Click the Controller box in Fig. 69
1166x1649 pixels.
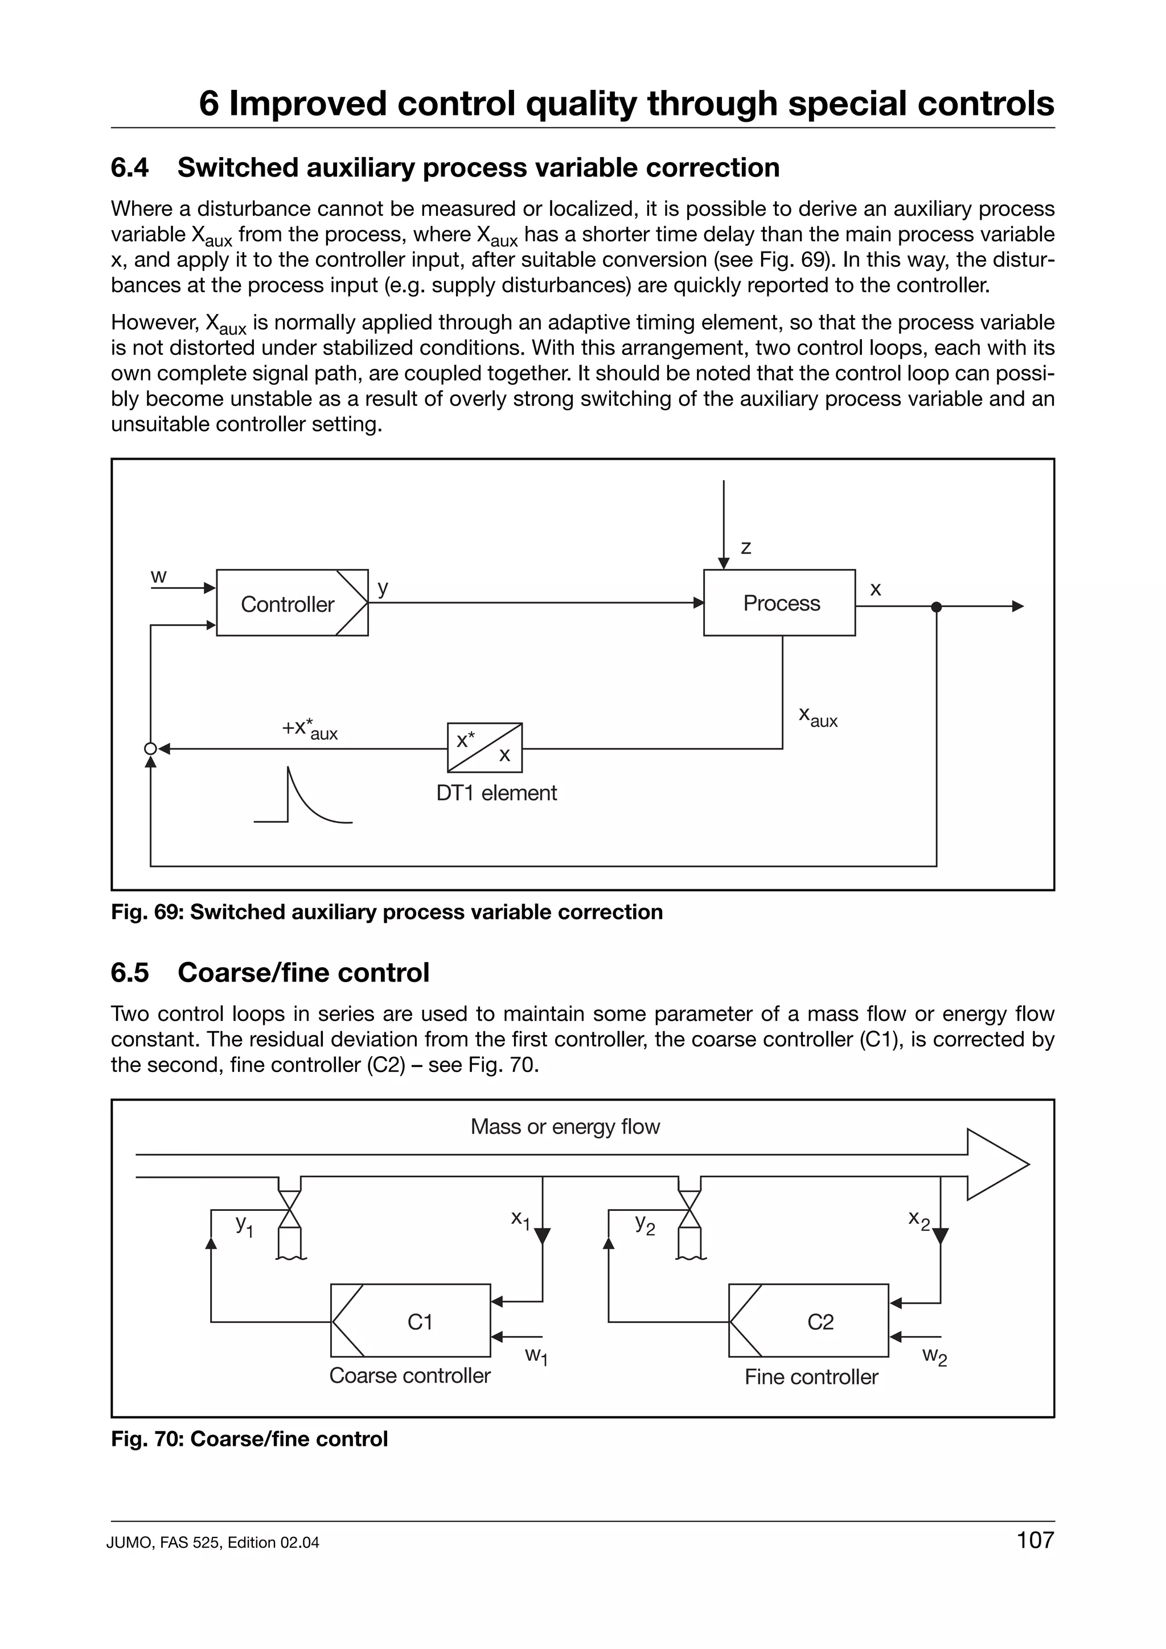[291, 603]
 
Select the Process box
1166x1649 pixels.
[779, 603]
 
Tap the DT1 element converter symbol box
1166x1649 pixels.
[484, 748]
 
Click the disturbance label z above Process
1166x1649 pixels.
[746, 547]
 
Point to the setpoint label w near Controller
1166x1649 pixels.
[159, 576]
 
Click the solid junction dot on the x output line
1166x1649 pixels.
[935, 607]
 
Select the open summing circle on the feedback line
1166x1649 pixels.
[150, 748]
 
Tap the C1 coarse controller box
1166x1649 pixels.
[410, 1321]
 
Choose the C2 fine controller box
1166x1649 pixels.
[808, 1321]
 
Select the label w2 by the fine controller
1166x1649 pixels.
[935, 1357]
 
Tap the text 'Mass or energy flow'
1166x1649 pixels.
[565, 1127]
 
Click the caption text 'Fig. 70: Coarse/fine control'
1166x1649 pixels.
[249, 1438]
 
